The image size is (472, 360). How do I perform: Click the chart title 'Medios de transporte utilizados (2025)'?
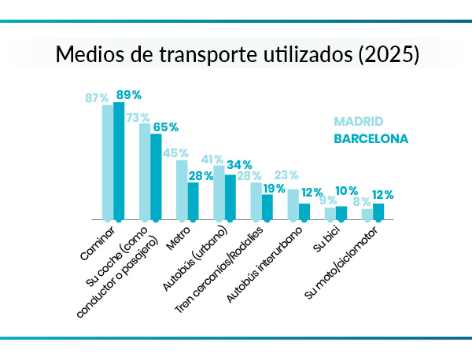tap(236, 57)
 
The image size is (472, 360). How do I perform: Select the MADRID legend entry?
tap(358, 122)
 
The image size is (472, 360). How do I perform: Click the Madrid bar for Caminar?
tap(108, 162)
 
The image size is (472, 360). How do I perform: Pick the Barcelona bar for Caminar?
tap(119, 160)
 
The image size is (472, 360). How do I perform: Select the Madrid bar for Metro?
tap(182, 189)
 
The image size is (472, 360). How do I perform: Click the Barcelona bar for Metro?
tap(193, 200)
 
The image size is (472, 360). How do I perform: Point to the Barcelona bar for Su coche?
tap(156, 176)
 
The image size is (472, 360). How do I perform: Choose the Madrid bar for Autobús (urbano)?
tap(219, 193)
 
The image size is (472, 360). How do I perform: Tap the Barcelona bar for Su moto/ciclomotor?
tap(378, 211)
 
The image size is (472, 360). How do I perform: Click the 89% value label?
tap(128, 95)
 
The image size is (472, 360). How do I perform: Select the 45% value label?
tap(174, 153)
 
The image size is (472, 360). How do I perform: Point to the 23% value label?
tap(286, 175)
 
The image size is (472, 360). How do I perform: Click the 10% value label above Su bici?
tap(347, 191)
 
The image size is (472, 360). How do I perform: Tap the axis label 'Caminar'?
tap(98, 243)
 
